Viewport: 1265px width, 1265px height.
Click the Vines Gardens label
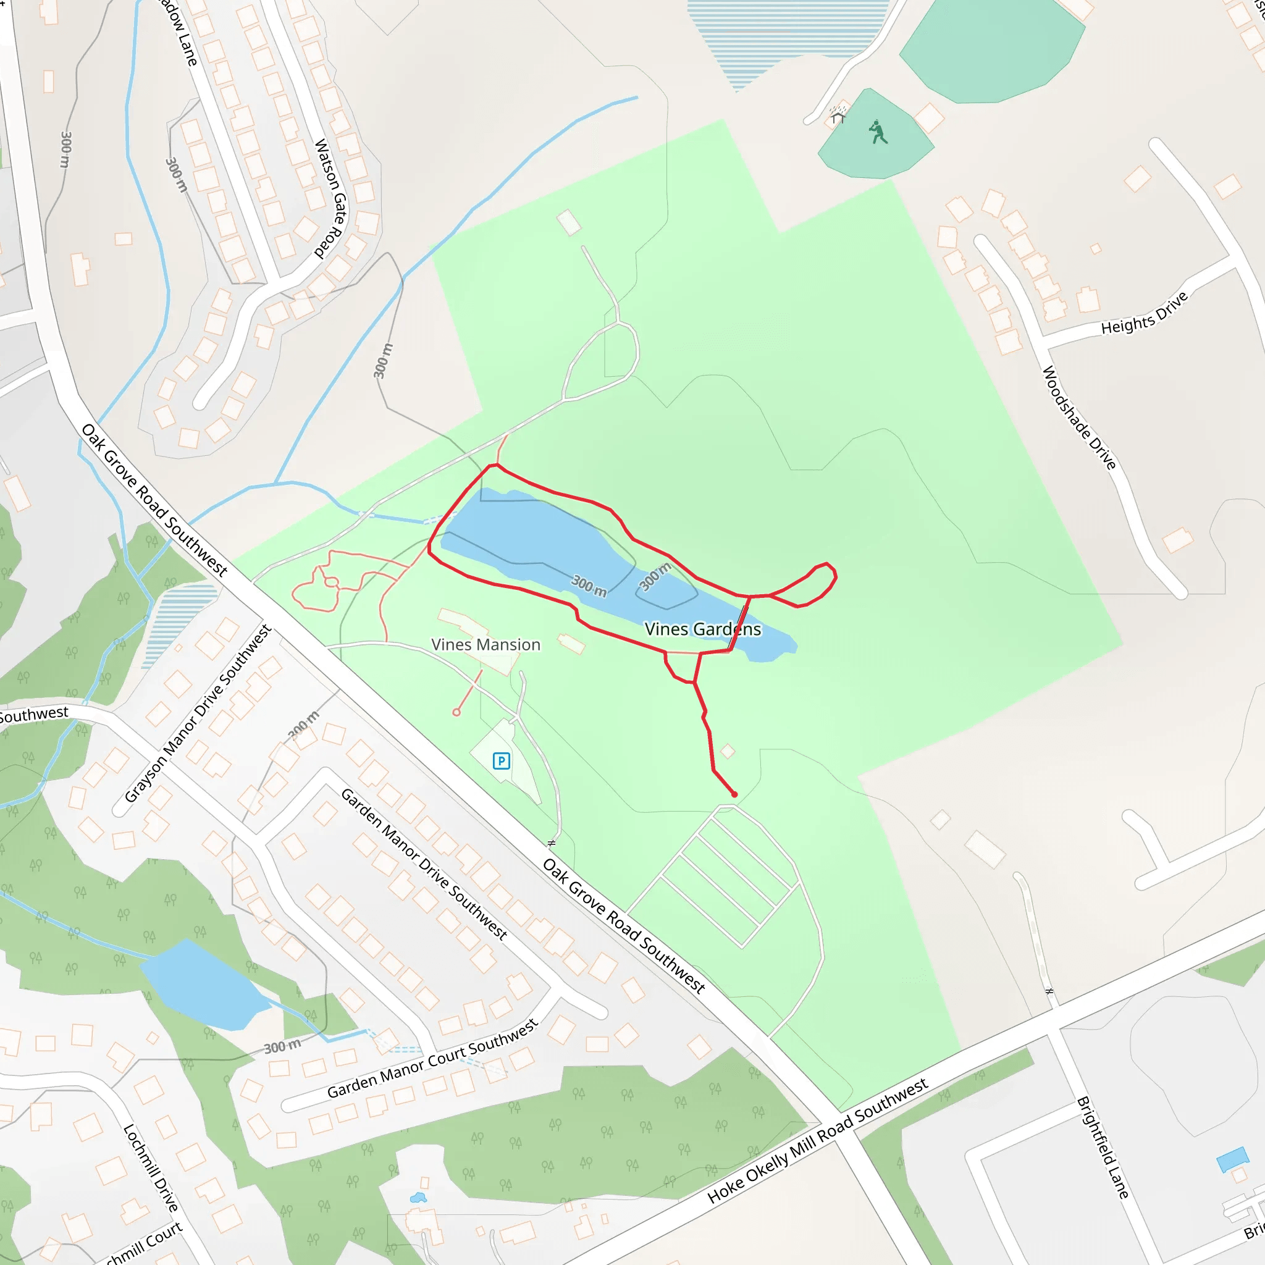(x=702, y=629)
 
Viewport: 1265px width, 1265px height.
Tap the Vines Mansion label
(x=486, y=645)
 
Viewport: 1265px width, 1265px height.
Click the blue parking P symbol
(x=502, y=761)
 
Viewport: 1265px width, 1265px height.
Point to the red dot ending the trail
(x=734, y=794)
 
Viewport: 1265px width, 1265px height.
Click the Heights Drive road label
(x=1144, y=314)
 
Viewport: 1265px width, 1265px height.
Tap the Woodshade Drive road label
(x=1079, y=418)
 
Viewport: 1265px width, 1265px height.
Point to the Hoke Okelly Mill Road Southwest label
(x=818, y=1141)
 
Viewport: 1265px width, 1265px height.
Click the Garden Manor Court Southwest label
(x=432, y=1059)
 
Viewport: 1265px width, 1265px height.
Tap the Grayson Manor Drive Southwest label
(x=198, y=713)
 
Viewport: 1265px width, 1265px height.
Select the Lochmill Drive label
(x=151, y=1169)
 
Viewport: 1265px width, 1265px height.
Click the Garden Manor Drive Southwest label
(x=424, y=864)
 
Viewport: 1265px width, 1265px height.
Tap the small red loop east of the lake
(x=805, y=585)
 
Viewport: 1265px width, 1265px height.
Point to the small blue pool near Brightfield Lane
(x=1232, y=1159)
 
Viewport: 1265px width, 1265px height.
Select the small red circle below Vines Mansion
(x=456, y=712)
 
